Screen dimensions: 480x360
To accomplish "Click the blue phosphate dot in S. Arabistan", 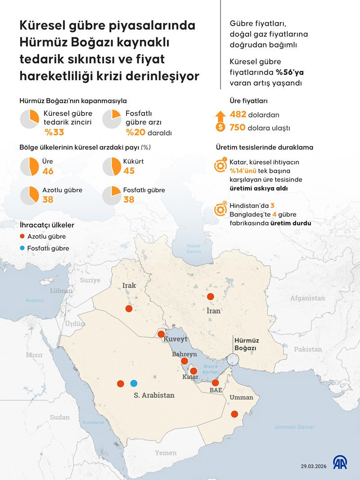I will (x=133, y=383).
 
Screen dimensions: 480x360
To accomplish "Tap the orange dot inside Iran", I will (x=210, y=296).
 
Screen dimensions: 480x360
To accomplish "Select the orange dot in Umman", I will (x=234, y=414).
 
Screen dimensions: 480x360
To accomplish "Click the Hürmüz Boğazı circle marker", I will (x=233, y=359).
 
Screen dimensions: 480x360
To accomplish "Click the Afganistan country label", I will (x=307, y=298).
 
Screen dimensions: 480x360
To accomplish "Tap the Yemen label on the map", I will (x=166, y=453).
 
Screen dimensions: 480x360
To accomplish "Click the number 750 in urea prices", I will (x=238, y=127).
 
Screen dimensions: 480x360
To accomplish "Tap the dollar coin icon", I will (x=220, y=127).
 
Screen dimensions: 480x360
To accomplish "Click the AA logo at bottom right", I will (x=340, y=463).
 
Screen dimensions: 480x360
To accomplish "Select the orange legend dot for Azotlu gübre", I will (x=22, y=236).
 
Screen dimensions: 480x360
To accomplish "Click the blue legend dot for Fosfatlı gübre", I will (x=22, y=248).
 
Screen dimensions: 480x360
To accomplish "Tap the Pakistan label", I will (x=308, y=349).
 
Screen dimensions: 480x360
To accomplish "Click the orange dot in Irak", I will (x=129, y=308).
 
